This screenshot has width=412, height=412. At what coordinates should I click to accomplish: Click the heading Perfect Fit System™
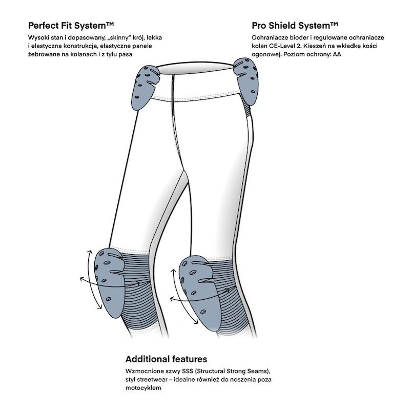point(71,25)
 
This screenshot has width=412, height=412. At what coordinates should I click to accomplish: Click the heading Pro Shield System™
point(295,25)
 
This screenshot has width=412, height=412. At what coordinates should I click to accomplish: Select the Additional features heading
point(166,359)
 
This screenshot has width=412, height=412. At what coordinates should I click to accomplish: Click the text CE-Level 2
point(283,46)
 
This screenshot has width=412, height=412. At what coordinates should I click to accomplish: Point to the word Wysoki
point(39,38)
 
